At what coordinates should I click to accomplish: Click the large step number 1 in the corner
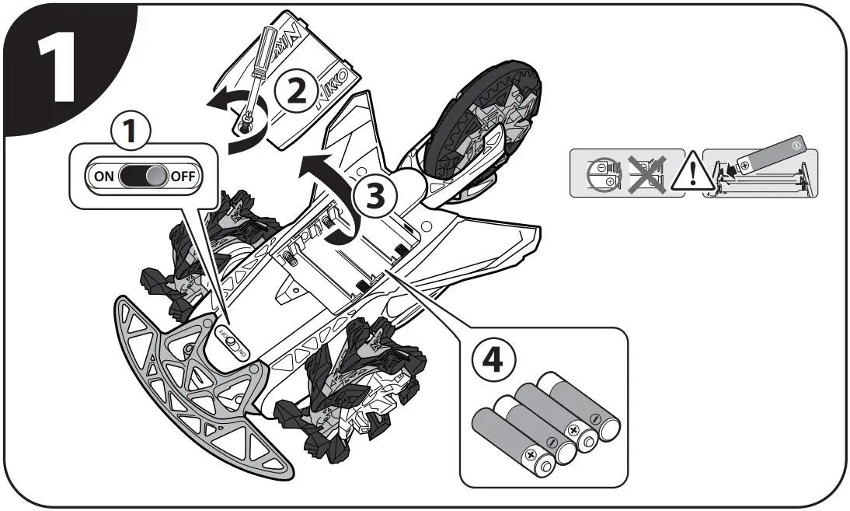point(58,66)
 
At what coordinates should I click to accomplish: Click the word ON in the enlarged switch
point(103,174)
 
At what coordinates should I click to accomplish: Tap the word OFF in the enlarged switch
point(183,175)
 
